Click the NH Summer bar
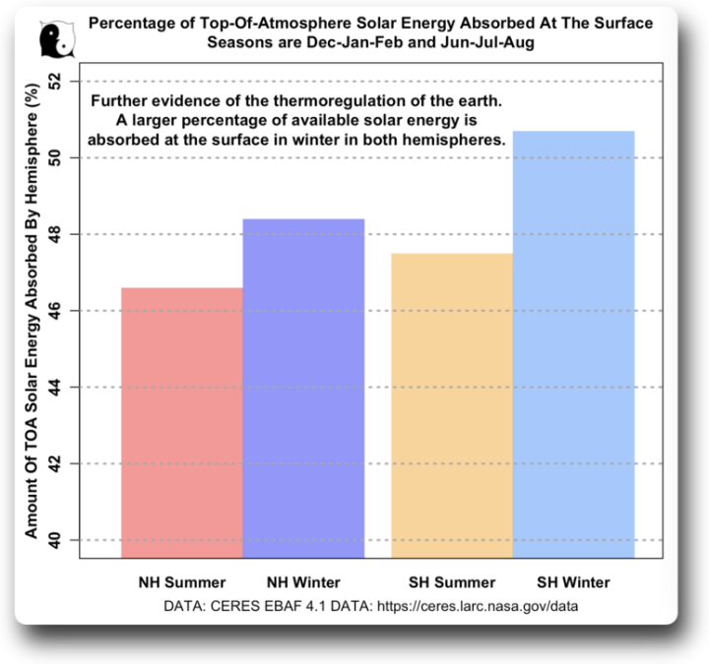click(x=181, y=423)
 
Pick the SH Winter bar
click(x=574, y=344)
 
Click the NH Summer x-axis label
click(x=181, y=582)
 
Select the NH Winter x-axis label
click(x=303, y=582)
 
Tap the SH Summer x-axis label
click(x=452, y=582)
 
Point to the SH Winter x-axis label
click(x=574, y=582)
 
